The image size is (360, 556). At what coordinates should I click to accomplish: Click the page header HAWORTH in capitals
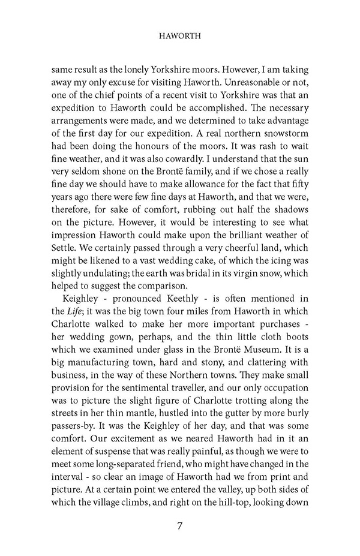180,36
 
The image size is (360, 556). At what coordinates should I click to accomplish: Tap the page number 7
180,527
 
